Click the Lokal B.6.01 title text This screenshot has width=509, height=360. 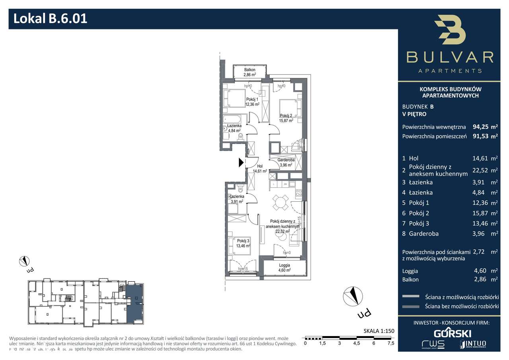[51, 19]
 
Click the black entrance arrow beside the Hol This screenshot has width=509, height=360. [241, 162]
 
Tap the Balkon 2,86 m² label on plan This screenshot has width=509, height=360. [250, 72]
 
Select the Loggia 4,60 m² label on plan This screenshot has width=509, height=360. [284, 267]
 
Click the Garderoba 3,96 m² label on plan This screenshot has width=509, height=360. [285, 162]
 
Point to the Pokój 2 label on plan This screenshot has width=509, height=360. [286, 118]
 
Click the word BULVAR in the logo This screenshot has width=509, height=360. [450, 57]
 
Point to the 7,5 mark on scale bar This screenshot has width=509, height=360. [390, 343]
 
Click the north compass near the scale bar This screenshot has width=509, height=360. [353, 296]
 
